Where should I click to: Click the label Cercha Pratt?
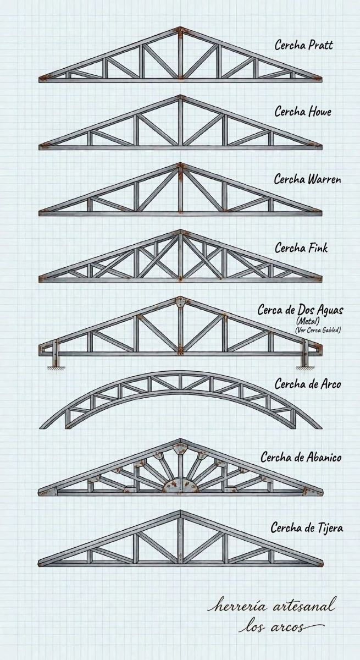pyautogui.click(x=304, y=45)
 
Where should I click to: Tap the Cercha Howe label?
pyautogui.click(x=303, y=112)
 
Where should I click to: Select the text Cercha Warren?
pyautogui.click(x=308, y=179)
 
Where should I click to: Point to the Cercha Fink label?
pyautogui.click(x=301, y=248)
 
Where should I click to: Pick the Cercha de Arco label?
pyautogui.click(x=308, y=384)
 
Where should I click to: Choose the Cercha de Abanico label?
pyautogui.click(x=301, y=457)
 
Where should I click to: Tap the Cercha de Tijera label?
pyautogui.click(x=307, y=527)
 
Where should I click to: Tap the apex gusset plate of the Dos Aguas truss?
pyautogui.click(x=180, y=302)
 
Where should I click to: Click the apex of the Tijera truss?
pyautogui.click(x=180, y=510)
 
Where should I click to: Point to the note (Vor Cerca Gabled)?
pyautogui.click(x=318, y=330)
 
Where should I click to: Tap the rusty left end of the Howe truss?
pyautogui.click(x=45, y=146)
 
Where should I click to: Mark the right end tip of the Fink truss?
pyautogui.click(x=322, y=278)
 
